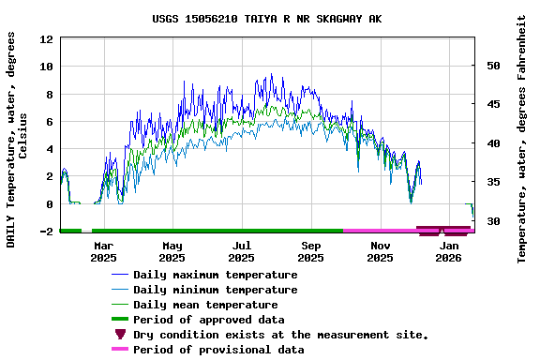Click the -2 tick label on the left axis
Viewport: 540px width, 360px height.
click(45, 232)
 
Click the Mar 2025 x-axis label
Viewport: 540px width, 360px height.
click(103, 251)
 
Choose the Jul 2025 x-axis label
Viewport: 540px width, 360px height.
click(241, 251)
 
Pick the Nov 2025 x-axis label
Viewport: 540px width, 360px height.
click(380, 251)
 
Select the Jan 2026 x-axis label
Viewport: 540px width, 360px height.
click(449, 251)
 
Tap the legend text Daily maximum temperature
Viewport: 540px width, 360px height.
click(215, 275)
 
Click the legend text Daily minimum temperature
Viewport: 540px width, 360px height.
click(215, 290)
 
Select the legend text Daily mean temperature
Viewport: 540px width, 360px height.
click(205, 305)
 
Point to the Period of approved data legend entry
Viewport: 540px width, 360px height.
click(208, 320)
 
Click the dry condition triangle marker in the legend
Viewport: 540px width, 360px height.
click(120, 335)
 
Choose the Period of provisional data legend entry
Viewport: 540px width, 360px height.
click(218, 350)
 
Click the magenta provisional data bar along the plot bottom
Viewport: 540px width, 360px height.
click(380, 230)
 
